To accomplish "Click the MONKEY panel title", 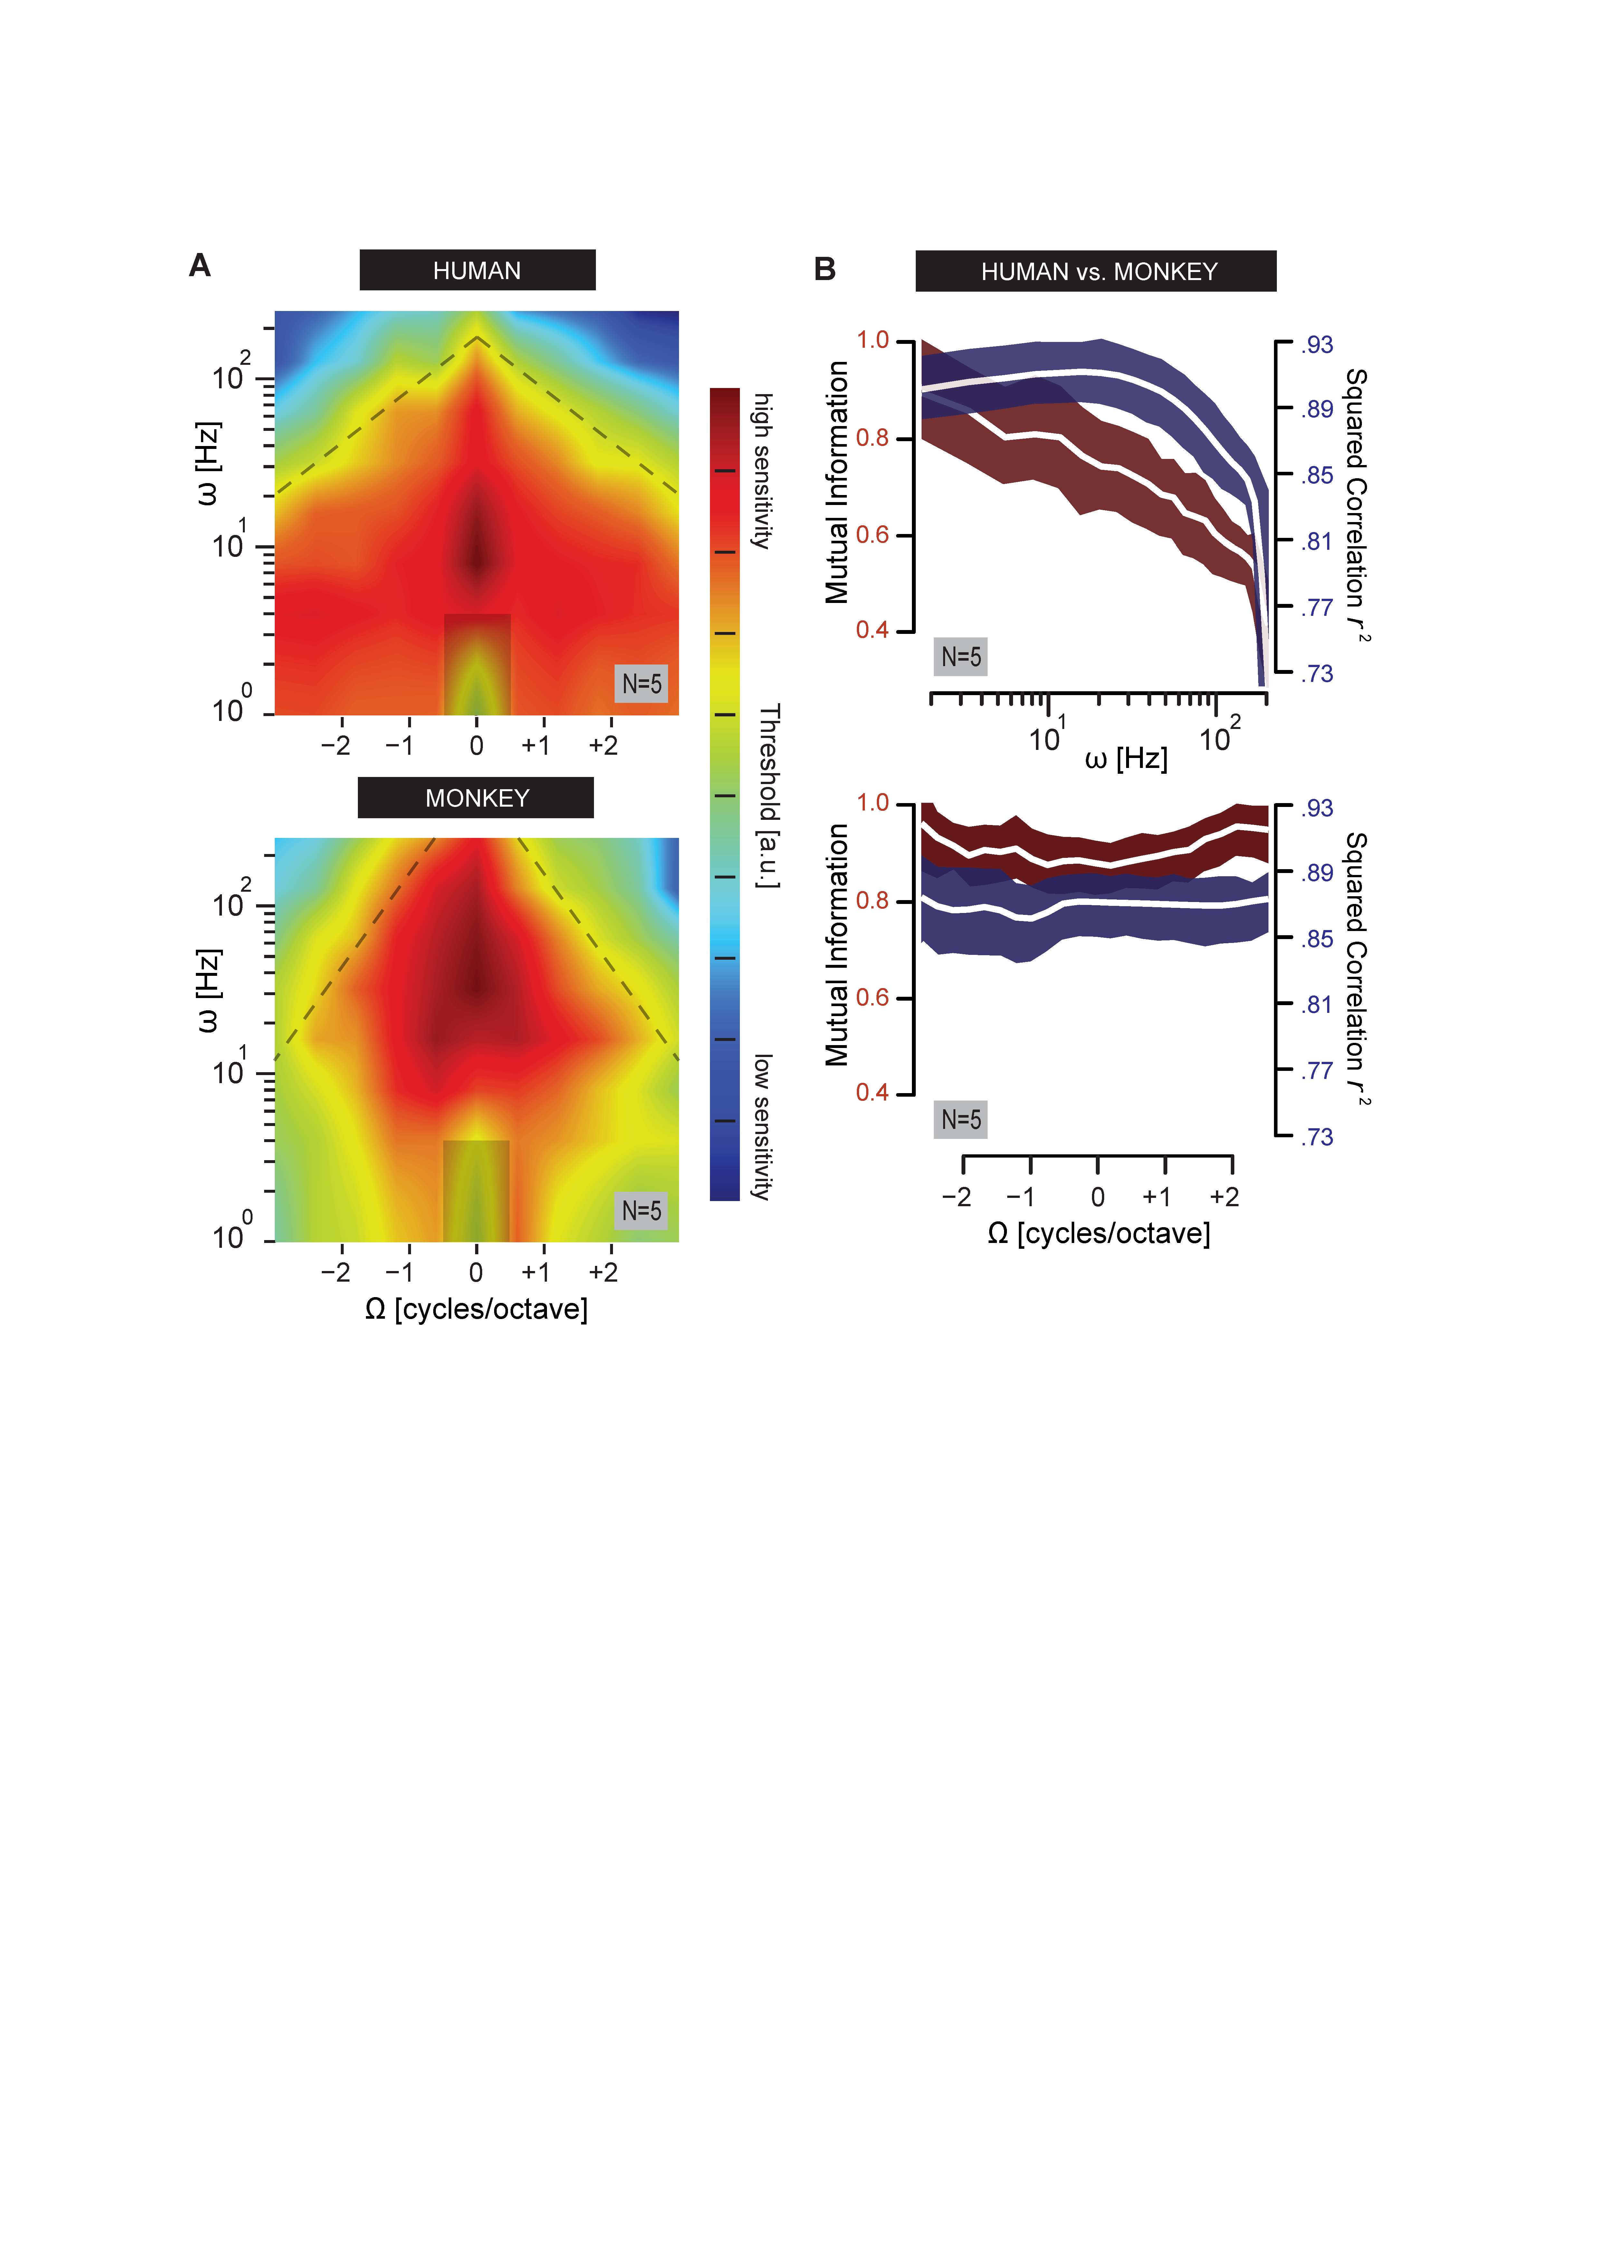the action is coord(475,798).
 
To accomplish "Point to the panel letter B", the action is coord(825,269).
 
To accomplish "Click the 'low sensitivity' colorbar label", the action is coord(762,1127).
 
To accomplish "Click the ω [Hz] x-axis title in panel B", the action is coord(1126,758).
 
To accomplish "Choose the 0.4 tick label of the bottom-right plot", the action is coord(872,1092).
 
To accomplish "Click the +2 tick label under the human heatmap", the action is coord(604,745).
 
